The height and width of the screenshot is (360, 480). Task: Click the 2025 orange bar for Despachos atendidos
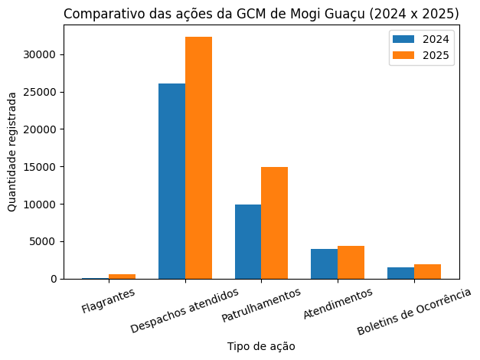198,158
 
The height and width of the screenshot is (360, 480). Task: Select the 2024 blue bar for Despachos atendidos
171,181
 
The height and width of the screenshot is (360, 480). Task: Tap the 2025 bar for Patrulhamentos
274,223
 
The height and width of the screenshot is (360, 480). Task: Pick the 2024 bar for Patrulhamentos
248,241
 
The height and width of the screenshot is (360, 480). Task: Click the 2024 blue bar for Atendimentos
324,263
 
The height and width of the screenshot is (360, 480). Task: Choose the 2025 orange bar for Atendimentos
351,262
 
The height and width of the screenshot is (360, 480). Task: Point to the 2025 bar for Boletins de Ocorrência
427,272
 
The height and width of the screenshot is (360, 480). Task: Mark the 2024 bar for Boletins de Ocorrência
400,273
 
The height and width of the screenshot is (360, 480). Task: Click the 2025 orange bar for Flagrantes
122,277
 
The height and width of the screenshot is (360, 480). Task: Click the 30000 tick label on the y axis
40,55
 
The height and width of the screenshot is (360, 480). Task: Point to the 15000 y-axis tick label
40,167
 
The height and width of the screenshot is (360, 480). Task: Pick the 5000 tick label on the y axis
43,242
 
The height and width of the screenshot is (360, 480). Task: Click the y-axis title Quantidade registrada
12,152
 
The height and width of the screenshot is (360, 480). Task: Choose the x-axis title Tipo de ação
261,346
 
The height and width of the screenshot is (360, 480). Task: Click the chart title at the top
261,14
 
